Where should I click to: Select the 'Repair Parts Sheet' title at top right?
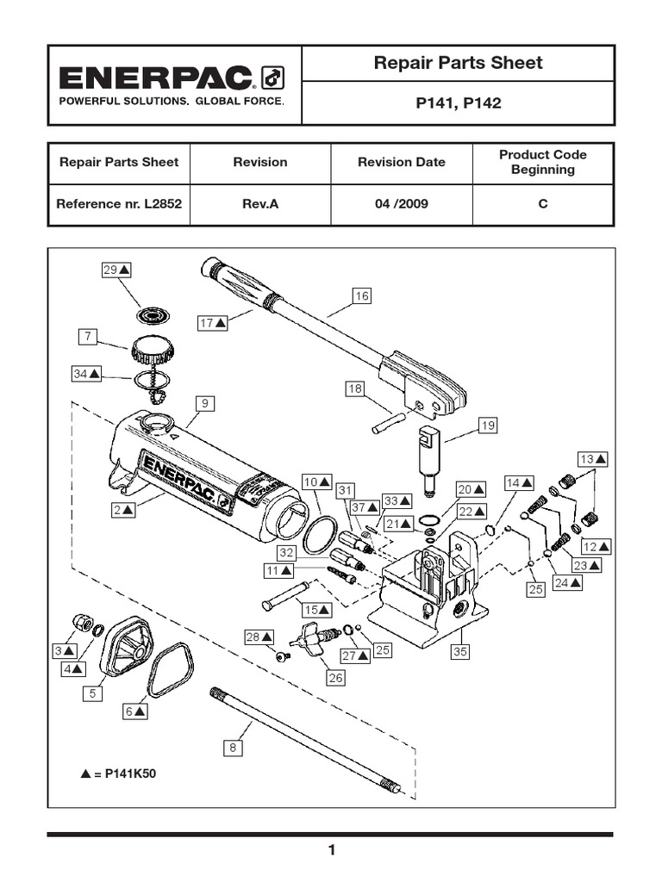pos(457,62)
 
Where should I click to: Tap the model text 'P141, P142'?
pos(458,103)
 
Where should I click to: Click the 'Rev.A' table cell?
pos(260,205)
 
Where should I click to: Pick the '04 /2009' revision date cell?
pos(402,205)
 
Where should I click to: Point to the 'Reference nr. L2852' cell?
pos(119,205)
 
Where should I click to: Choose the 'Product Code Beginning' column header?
pos(543,162)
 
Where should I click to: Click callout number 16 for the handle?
pos(361,296)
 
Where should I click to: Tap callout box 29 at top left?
pos(116,270)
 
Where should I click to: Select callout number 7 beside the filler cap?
pos(86,337)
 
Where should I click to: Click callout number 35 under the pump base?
pos(460,652)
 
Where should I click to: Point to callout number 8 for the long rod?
pos(232,748)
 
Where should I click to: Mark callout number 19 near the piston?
pos(488,425)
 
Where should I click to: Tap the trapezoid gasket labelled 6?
pos(170,669)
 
